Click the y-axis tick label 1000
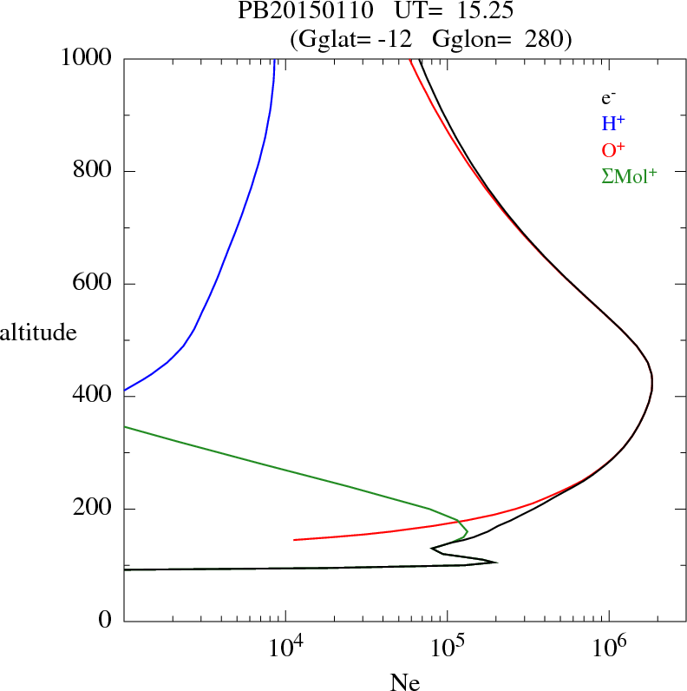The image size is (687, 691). click(88, 58)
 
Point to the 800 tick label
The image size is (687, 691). click(94, 171)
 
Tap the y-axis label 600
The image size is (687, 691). click(94, 284)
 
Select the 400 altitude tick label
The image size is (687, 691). click(94, 397)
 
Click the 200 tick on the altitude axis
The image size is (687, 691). click(94, 509)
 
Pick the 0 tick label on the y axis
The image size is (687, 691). click(107, 622)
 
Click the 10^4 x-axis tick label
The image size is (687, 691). click(285, 647)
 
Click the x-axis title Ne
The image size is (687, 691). click(405, 682)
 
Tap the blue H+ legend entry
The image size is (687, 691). click(613, 124)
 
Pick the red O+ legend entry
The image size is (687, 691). click(613, 149)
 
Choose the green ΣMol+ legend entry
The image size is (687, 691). click(628, 175)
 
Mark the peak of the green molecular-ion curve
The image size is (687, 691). click(468, 531)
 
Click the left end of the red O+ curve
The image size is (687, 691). click(295, 540)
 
